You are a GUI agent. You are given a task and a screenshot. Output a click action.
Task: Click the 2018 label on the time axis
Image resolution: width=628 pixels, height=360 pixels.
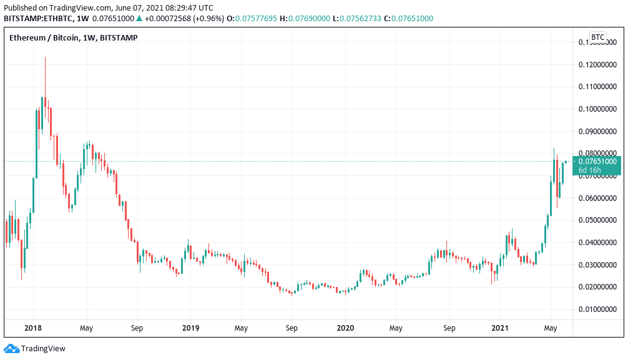[33, 328]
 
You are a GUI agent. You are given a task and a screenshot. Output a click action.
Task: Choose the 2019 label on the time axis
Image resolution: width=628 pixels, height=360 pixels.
[190, 328]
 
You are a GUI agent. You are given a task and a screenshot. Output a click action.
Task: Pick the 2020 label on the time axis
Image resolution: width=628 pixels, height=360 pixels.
[345, 328]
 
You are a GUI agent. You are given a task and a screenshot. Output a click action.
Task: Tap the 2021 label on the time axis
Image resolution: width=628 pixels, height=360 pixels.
[500, 328]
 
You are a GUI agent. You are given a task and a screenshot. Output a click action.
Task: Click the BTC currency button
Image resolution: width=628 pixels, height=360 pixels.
[597, 37]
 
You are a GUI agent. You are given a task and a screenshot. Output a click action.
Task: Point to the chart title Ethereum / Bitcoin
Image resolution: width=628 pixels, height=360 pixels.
[44, 37]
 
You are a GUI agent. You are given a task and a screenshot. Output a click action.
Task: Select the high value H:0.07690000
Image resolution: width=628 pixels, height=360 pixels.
[305, 19]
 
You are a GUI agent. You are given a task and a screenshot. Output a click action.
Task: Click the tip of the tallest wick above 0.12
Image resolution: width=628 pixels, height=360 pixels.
[45, 57]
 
